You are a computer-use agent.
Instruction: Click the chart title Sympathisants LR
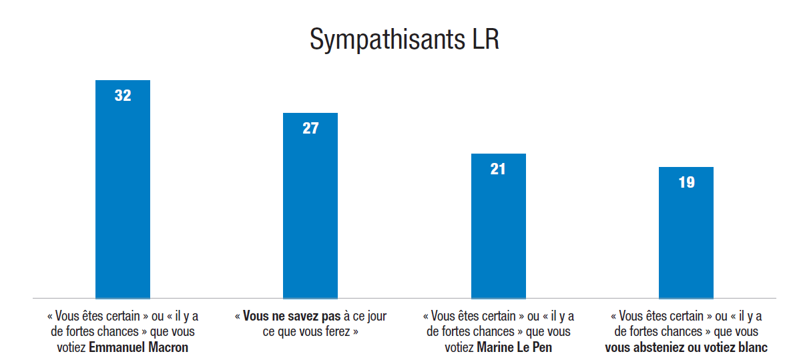click(x=405, y=40)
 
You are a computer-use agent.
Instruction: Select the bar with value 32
click(x=123, y=200)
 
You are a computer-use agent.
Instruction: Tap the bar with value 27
click(x=310, y=214)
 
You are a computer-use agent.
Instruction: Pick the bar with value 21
click(x=498, y=234)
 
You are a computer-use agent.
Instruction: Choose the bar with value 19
click(x=686, y=240)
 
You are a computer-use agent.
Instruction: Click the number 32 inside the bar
click(x=123, y=96)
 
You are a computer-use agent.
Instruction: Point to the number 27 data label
click(x=310, y=128)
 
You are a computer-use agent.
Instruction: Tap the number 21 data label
click(x=498, y=169)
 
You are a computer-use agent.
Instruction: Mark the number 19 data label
click(x=686, y=182)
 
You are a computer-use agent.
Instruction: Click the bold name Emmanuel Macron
click(x=138, y=347)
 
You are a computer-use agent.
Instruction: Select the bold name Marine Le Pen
click(x=514, y=347)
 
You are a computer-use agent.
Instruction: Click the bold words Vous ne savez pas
click(x=292, y=316)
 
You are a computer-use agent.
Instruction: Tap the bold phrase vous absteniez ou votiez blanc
click(x=686, y=347)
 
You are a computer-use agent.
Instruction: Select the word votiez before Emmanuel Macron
click(x=71, y=347)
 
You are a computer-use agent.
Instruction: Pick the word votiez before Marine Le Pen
click(x=459, y=347)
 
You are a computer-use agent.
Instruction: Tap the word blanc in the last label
click(x=752, y=347)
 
